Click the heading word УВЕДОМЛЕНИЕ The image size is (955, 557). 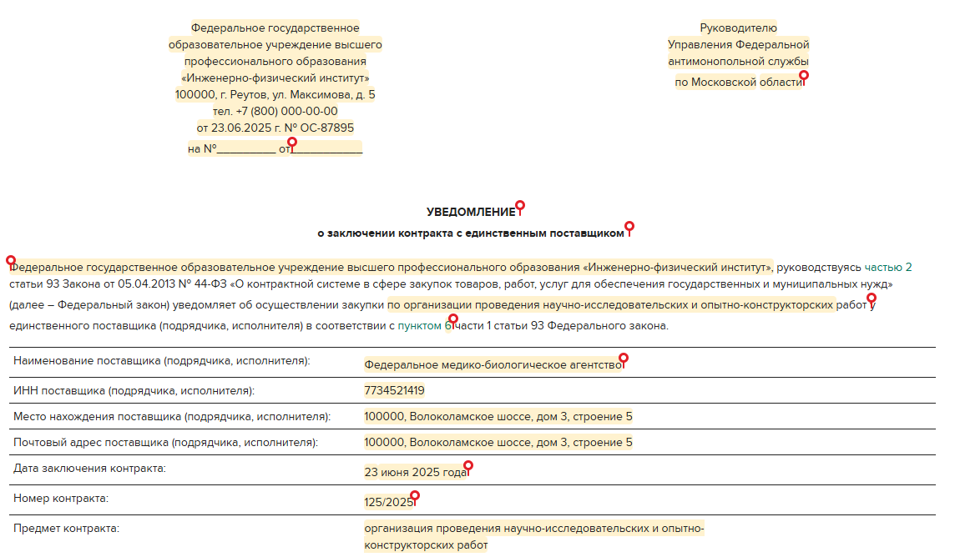click(x=471, y=213)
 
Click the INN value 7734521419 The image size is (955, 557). click(x=394, y=390)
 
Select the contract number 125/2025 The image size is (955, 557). click(x=388, y=502)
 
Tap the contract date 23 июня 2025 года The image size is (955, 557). click(x=416, y=472)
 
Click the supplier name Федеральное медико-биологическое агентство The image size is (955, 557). click(x=493, y=364)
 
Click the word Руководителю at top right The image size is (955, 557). click(x=738, y=28)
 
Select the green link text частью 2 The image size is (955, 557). click(x=888, y=268)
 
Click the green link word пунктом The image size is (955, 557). click(x=420, y=326)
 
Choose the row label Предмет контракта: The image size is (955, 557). click(x=66, y=528)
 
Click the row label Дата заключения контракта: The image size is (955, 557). click(x=89, y=468)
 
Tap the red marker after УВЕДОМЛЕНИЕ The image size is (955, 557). click(x=520, y=205)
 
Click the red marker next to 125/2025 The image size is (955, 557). click(x=415, y=496)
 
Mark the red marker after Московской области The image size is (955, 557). click(x=804, y=76)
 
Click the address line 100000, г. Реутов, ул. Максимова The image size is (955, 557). click(x=275, y=94)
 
